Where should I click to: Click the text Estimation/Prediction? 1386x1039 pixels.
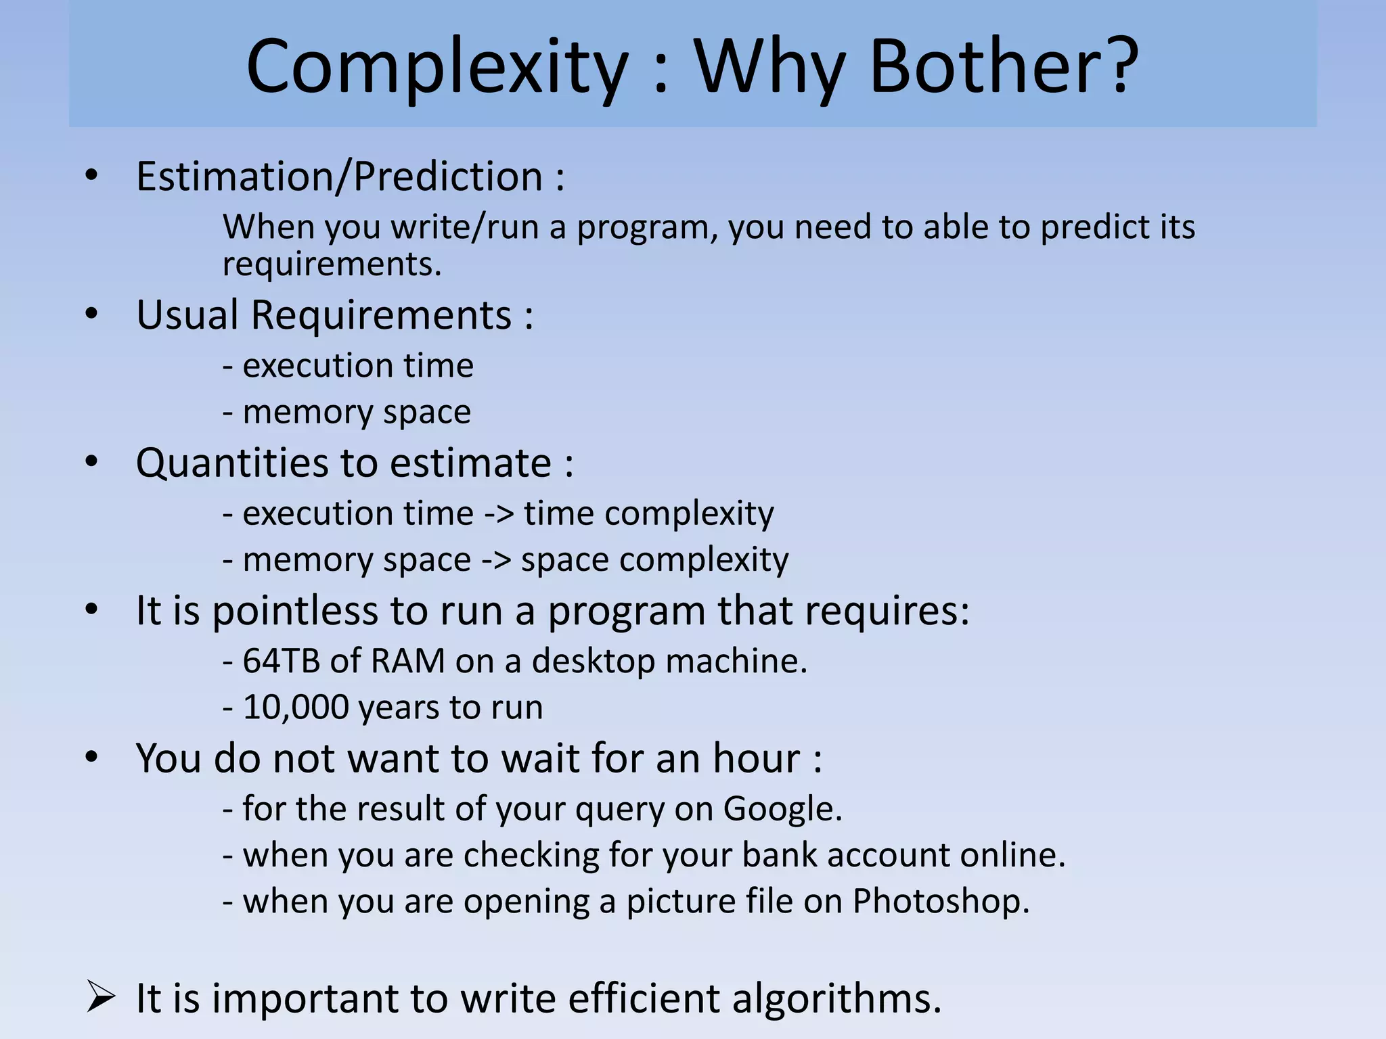[339, 177]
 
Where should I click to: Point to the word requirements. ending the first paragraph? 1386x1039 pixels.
[332, 264]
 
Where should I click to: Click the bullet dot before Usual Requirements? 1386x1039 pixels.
[92, 314]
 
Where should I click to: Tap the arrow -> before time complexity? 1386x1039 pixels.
[499, 514]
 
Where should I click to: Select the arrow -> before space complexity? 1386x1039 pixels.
[495, 560]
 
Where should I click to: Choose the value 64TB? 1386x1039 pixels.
[281, 661]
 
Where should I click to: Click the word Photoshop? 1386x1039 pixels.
[940, 902]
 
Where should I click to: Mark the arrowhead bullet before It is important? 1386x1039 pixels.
[101, 998]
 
